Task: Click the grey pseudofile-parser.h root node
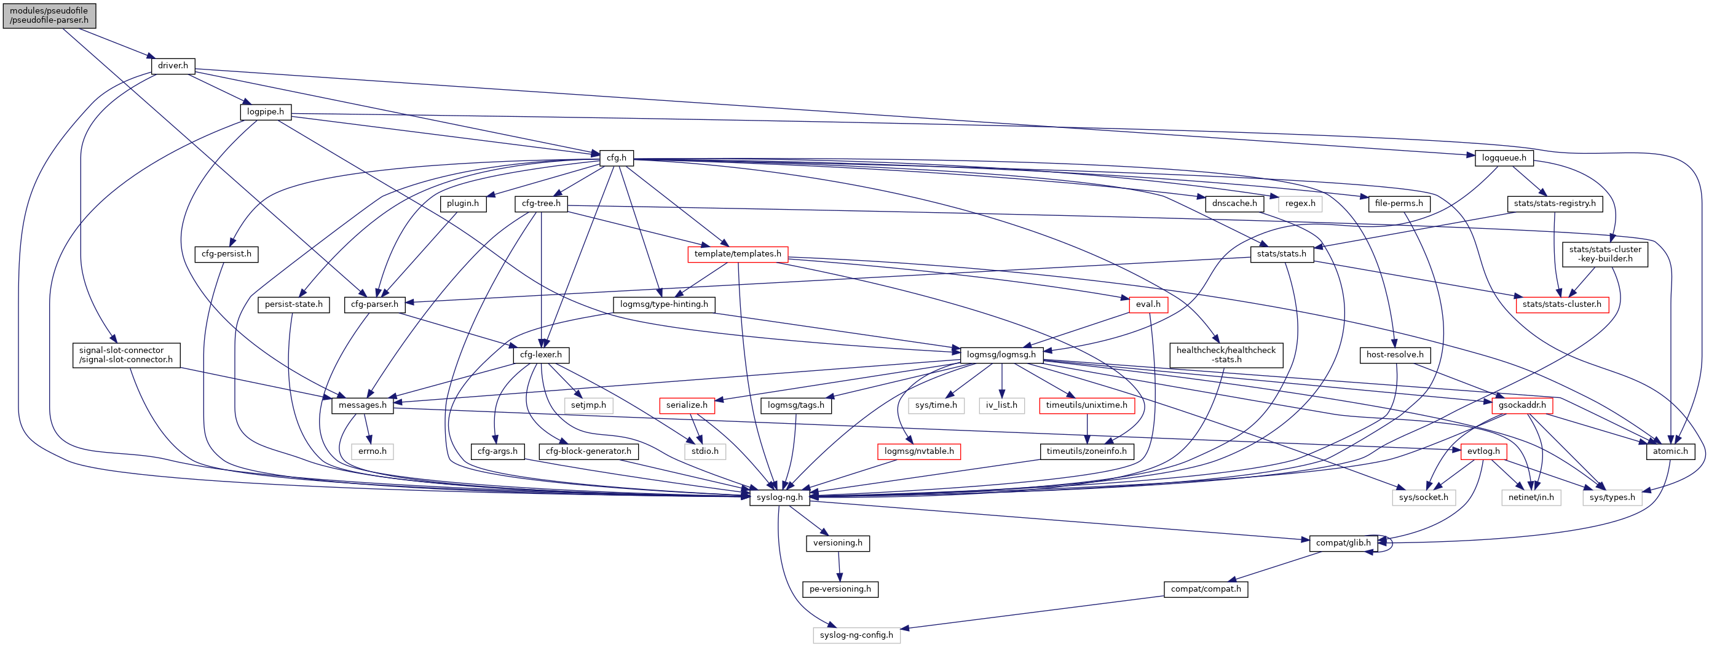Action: tap(49, 15)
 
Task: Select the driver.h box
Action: tap(173, 66)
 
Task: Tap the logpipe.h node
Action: tap(266, 112)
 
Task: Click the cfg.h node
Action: tap(617, 158)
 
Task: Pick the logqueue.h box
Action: tap(1504, 158)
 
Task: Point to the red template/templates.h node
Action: tap(737, 254)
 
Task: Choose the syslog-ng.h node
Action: tap(780, 497)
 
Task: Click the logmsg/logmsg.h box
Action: tap(1001, 355)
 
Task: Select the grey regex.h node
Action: tap(1300, 204)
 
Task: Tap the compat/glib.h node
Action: tap(1343, 543)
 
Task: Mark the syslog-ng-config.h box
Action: tap(856, 635)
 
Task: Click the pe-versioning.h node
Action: tap(840, 589)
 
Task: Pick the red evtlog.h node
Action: tap(1483, 451)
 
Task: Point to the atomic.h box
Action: tap(1670, 451)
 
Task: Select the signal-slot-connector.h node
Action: tap(125, 355)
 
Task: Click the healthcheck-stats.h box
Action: tap(1225, 355)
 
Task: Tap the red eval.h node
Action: tap(1148, 304)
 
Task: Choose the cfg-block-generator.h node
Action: tap(588, 451)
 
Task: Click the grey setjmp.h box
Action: tap(588, 405)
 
